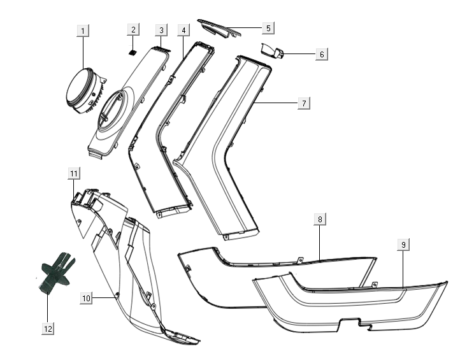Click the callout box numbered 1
[x=83, y=30]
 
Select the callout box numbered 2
[x=133, y=30]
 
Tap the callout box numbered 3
[x=162, y=30]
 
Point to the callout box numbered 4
[x=183, y=30]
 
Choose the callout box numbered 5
[x=268, y=27]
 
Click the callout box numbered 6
[x=322, y=54]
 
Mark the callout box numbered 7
[x=304, y=103]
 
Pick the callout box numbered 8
[x=320, y=219]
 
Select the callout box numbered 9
[x=403, y=245]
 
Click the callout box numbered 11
[x=74, y=173]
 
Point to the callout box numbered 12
[x=48, y=328]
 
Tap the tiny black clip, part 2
[x=133, y=52]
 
